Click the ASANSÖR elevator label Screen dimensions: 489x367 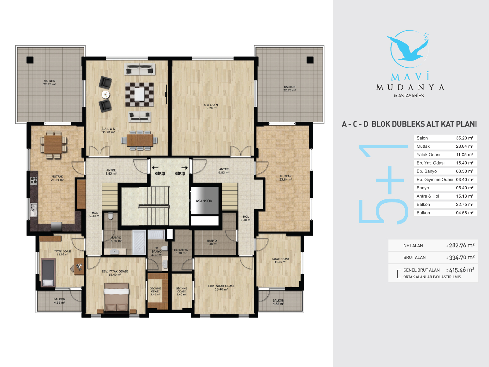tap(204, 201)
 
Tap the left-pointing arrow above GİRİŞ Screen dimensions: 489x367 tap(155, 168)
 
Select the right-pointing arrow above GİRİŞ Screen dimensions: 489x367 tap(185, 168)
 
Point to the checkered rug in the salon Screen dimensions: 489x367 tap(139, 95)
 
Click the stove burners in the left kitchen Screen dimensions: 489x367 tap(34, 180)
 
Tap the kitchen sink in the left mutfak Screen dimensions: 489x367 tap(34, 210)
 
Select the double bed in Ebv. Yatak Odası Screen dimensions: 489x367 tap(117, 297)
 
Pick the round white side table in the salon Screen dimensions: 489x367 tap(106, 95)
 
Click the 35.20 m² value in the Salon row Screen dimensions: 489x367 tap(465, 138)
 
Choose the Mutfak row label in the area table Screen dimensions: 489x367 tap(423, 146)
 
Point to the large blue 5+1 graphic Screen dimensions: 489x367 tap(383, 184)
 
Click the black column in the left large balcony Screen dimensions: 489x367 tap(30, 60)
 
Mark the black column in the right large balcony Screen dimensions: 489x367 tap(310, 60)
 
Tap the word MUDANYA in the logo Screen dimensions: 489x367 tap(410, 87)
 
